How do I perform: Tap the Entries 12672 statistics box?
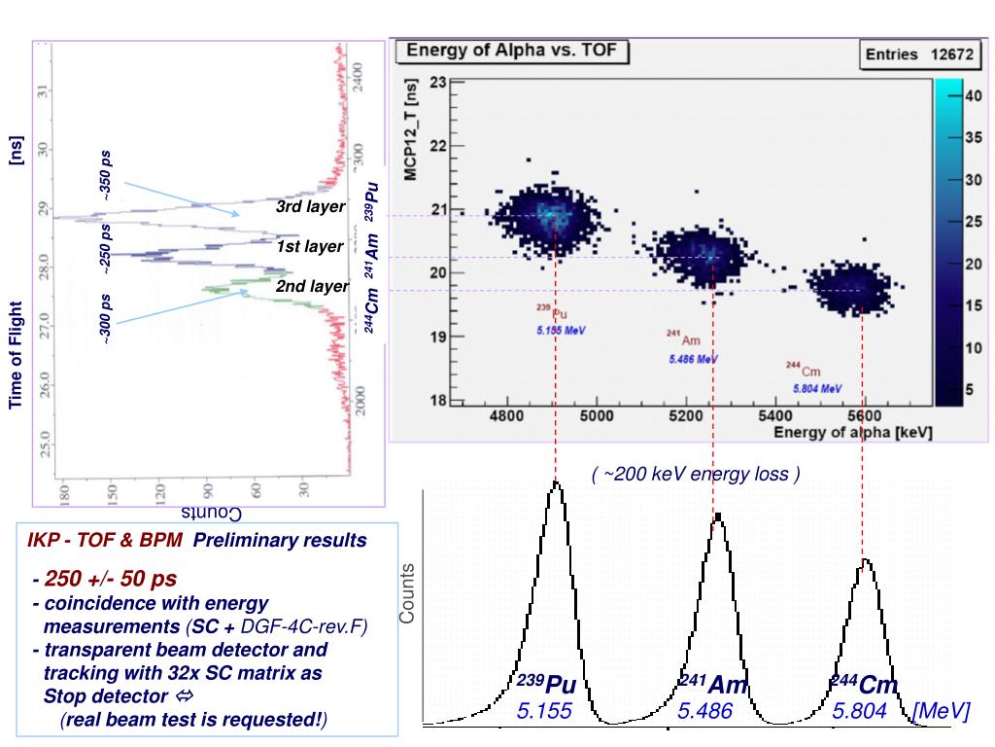[x=918, y=54]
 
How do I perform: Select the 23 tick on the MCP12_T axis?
[x=437, y=83]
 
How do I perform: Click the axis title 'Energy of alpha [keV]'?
[x=852, y=432]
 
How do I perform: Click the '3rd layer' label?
[x=309, y=207]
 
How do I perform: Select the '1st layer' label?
[x=309, y=247]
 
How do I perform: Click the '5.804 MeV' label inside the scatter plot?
[x=817, y=388]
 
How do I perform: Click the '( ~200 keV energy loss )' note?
[x=696, y=475]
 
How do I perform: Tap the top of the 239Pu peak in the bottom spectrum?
[x=556, y=483]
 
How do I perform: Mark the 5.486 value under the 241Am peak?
[x=704, y=712]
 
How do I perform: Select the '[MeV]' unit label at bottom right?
[x=941, y=712]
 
